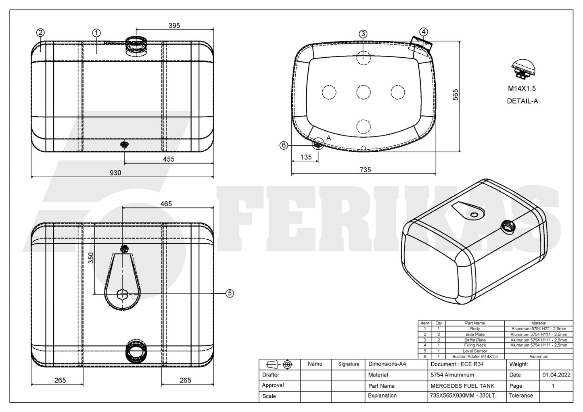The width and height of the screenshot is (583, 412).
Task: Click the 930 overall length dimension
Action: coord(115,173)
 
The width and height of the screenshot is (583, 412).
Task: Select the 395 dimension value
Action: coord(174,25)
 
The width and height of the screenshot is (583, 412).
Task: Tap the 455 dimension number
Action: coord(168,159)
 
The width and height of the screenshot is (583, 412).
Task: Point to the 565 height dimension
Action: coord(455,95)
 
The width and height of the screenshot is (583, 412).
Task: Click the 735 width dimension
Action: coord(365,170)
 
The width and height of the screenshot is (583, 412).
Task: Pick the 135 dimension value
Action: coord(306,157)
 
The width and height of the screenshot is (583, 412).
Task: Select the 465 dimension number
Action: coord(166,204)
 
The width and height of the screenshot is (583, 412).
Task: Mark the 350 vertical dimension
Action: coord(91,258)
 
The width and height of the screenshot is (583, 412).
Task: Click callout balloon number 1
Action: coord(96,33)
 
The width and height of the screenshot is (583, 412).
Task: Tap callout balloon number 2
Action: coord(40,33)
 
